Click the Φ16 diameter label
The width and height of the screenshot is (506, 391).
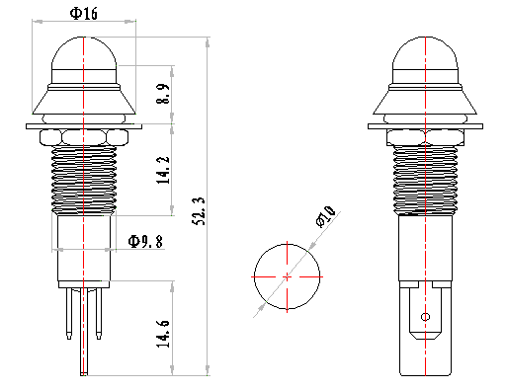[x=84, y=14]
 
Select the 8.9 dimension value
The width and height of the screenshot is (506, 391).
[x=163, y=94]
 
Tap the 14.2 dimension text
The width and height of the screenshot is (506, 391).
[x=163, y=170]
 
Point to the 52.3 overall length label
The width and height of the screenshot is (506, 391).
[x=199, y=211]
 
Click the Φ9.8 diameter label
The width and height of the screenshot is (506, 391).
[x=145, y=241]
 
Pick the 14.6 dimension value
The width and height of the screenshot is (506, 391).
[x=163, y=333]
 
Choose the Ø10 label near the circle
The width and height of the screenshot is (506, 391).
[x=325, y=216]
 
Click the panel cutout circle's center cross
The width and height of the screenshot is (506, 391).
[x=287, y=276]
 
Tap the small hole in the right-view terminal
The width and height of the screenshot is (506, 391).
[x=425, y=317]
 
